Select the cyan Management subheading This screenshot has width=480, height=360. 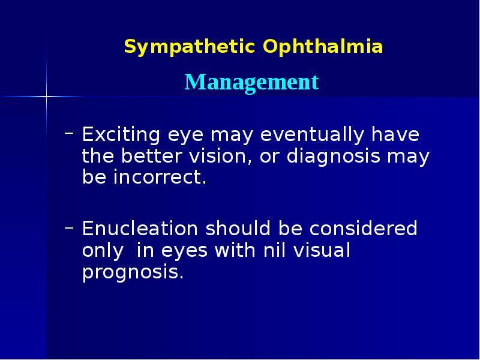coord(251,82)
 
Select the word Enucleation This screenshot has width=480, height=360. coord(140,229)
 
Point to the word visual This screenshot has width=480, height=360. coord(322,250)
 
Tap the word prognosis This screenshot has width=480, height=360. coord(132,273)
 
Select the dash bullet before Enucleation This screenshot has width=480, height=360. coord(69,226)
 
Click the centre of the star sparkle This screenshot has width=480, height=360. coord(46,96)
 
